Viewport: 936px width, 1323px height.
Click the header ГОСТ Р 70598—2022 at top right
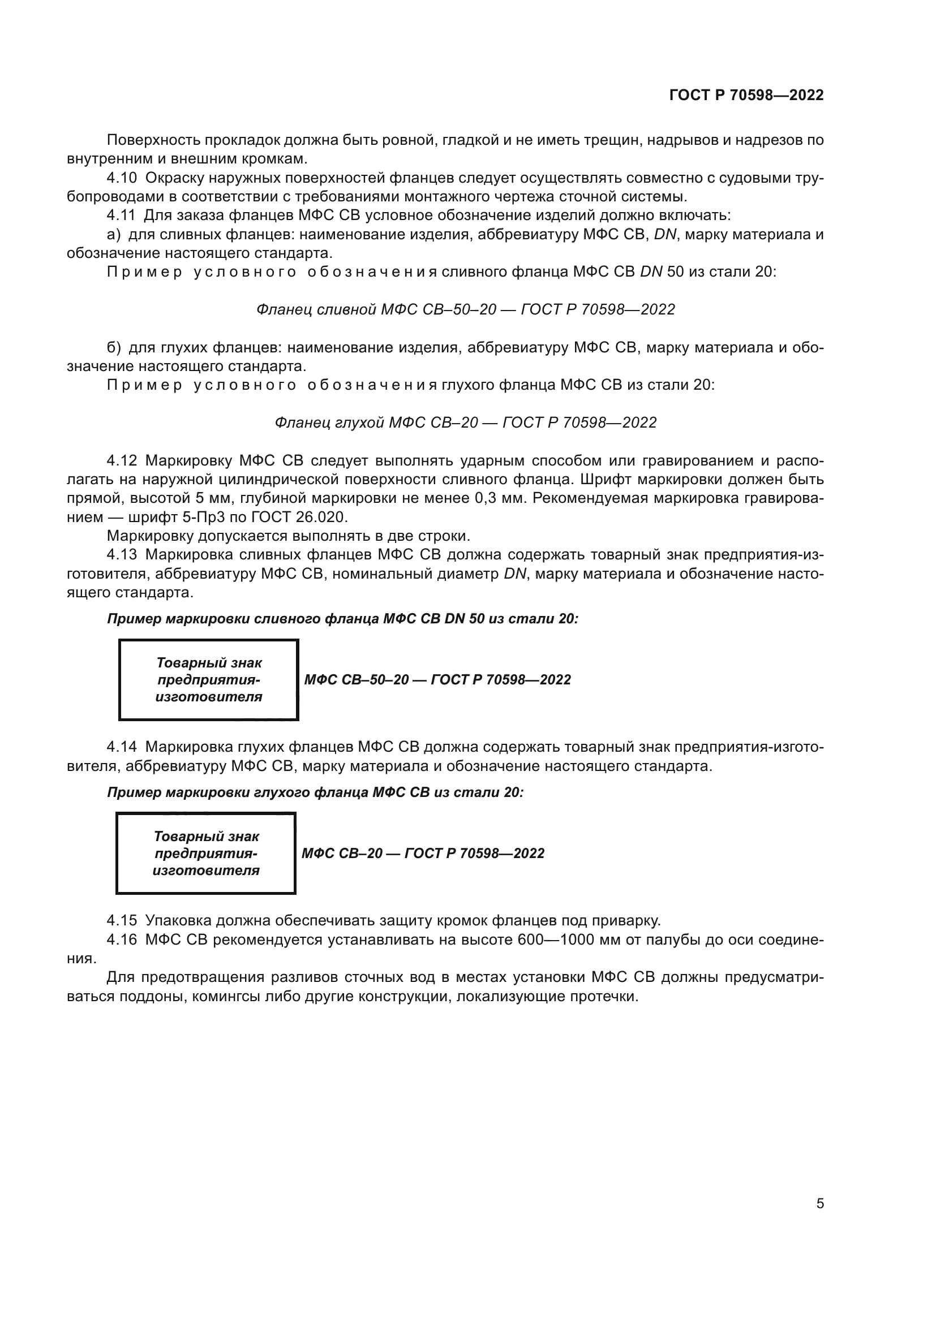coord(746,95)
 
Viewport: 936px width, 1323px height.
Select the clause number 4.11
coord(121,216)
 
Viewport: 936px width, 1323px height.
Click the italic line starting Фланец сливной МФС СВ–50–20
coord(465,309)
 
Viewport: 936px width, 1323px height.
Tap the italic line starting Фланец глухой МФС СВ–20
coord(465,423)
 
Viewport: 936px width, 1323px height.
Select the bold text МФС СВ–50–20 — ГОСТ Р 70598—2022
coord(437,679)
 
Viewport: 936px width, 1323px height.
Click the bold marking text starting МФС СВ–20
coord(423,853)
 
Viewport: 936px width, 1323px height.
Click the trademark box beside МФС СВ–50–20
coord(208,679)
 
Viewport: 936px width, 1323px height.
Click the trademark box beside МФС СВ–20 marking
coord(206,853)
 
